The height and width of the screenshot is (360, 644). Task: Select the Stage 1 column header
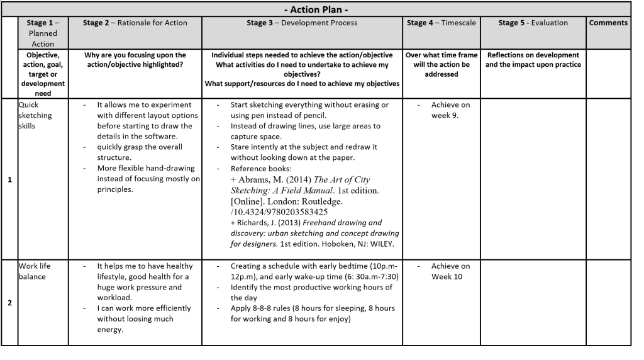click(x=43, y=33)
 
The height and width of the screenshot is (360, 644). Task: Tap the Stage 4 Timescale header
click(x=441, y=23)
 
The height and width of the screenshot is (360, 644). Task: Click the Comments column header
click(x=608, y=23)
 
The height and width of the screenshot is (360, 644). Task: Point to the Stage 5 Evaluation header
click(x=533, y=23)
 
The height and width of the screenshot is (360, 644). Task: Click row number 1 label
click(x=9, y=179)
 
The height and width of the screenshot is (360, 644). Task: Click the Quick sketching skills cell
click(x=35, y=115)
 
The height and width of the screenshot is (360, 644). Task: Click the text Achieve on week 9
click(x=450, y=110)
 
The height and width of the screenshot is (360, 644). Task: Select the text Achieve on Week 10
click(x=450, y=271)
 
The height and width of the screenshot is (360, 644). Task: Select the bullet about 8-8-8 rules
click(x=313, y=313)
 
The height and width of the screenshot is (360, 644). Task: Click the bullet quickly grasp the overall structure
click(x=140, y=152)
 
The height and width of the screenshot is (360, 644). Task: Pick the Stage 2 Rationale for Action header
click(x=135, y=23)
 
